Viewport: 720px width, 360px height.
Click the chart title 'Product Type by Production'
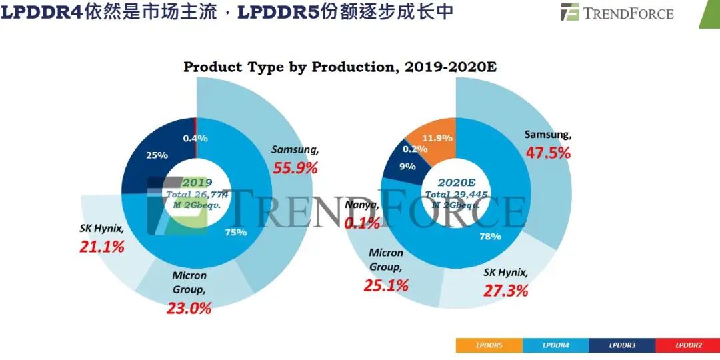click(340, 67)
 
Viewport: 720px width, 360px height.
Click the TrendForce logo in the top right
click(617, 13)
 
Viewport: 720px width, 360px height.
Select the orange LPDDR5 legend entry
click(489, 345)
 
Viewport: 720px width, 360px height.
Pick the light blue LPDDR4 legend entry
click(555, 345)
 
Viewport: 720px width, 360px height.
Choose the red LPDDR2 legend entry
click(687, 345)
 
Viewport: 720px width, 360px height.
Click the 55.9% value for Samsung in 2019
click(295, 168)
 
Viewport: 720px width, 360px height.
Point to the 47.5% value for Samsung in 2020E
click(548, 152)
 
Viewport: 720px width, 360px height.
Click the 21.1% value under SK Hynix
click(102, 247)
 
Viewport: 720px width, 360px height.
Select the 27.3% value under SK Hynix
click(505, 290)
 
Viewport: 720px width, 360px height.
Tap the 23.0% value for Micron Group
click(189, 308)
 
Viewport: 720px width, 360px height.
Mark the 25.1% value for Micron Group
click(386, 285)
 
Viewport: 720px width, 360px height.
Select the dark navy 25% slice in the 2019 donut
click(157, 155)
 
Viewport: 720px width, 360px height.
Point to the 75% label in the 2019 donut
click(236, 233)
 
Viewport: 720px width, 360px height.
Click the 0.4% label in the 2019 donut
click(195, 138)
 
